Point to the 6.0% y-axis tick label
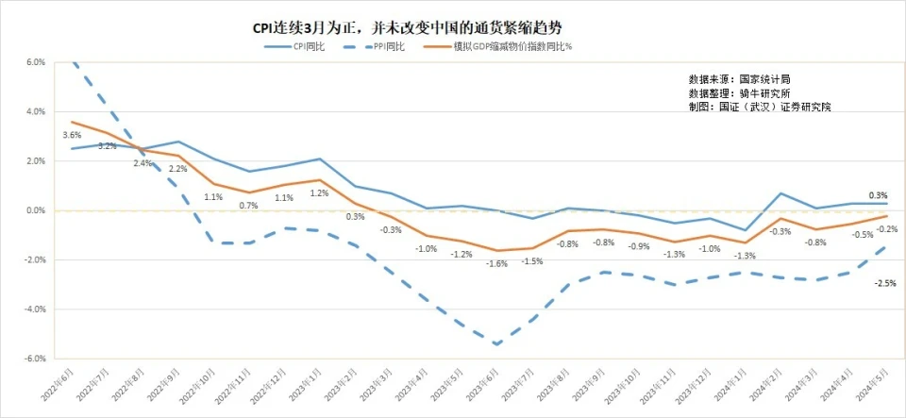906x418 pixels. pos(35,62)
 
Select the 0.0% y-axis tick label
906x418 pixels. pos(35,210)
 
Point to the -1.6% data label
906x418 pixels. pos(496,264)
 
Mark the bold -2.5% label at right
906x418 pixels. pos(885,283)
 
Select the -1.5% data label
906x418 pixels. pos(531,261)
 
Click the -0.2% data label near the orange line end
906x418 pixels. pos(886,229)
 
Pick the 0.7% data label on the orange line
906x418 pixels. pos(248,205)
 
